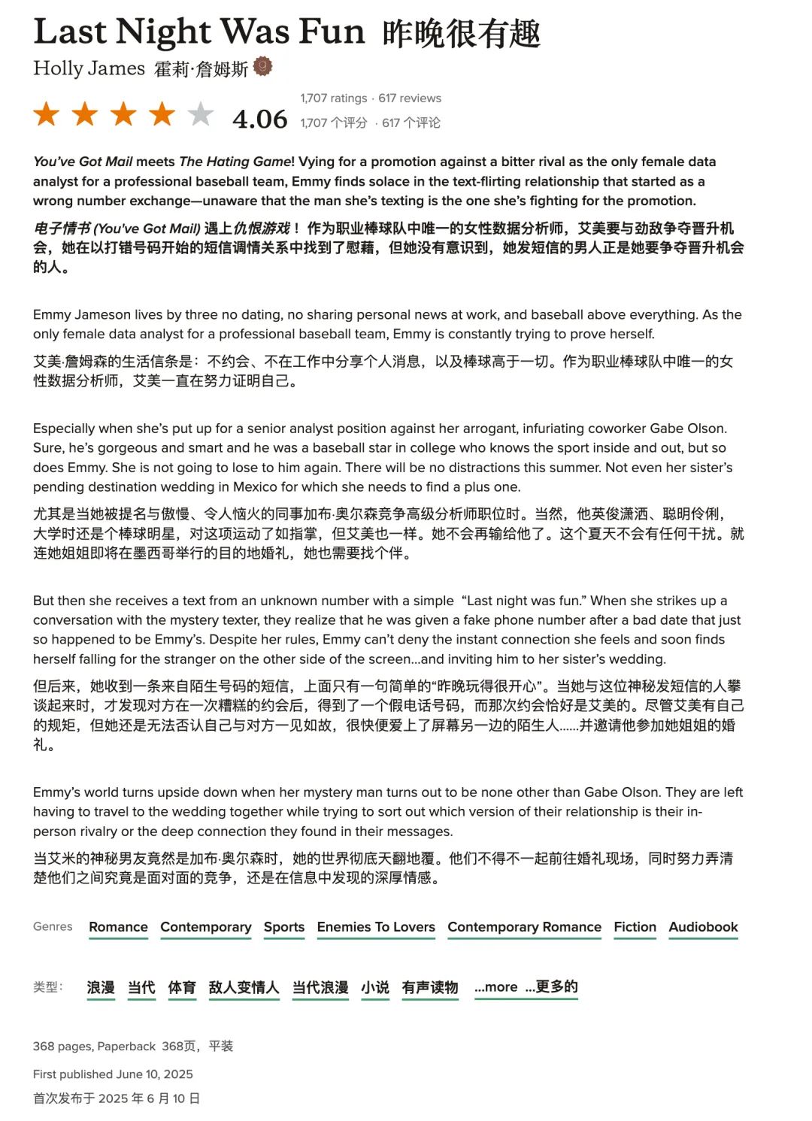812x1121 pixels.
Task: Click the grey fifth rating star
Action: click(200, 114)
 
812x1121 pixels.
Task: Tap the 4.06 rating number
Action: click(260, 119)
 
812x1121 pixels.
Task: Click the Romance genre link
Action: click(118, 927)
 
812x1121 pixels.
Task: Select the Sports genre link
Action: click(284, 927)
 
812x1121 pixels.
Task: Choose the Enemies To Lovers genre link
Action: click(376, 927)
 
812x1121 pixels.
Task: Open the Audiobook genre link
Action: click(703, 927)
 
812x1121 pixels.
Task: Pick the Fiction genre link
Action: click(635, 927)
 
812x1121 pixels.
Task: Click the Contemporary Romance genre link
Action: click(524, 927)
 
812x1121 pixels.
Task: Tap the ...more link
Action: click(496, 986)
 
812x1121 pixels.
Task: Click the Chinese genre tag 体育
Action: click(182, 987)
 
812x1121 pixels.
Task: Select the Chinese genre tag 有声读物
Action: click(430, 987)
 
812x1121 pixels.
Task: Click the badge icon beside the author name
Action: click(262, 67)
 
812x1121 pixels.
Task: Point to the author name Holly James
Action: click(89, 68)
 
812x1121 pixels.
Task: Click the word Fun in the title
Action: click(332, 32)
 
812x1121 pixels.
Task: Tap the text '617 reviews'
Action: click(410, 98)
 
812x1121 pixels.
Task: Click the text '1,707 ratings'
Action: click(334, 98)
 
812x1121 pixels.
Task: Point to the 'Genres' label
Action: click(53, 926)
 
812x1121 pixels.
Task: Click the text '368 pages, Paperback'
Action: click(94, 1046)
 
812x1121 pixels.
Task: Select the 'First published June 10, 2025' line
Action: click(113, 1074)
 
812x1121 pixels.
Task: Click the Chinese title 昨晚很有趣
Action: click(461, 34)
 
